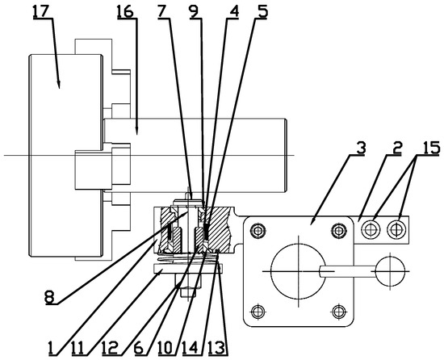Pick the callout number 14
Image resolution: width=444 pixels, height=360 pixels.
(192, 349)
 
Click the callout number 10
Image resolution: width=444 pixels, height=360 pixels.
(166, 349)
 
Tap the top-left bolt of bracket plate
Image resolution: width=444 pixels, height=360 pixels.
(258, 232)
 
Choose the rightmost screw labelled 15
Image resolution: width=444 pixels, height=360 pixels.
(396, 230)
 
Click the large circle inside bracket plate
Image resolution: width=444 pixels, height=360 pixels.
(298, 272)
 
